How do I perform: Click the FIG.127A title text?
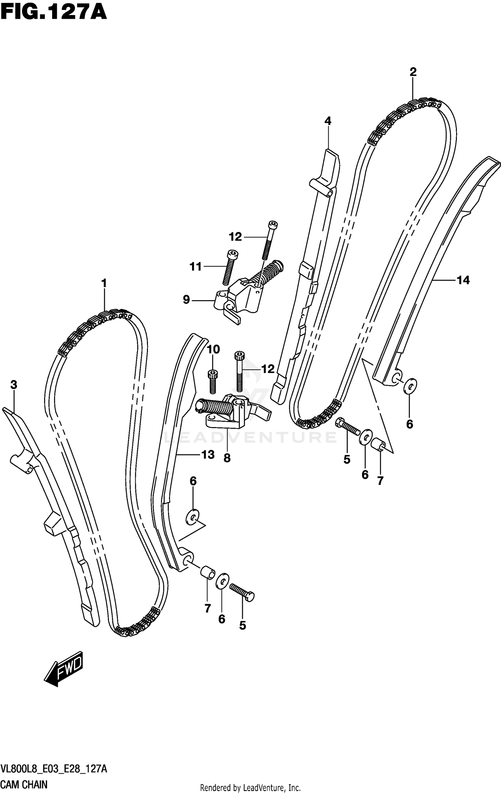[53, 12]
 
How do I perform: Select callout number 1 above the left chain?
[104, 283]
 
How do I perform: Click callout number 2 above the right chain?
[413, 72]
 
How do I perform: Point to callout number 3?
[13, 385]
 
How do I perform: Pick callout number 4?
[328, 121]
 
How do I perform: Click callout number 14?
[463, 280]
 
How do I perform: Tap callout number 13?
[208, 454]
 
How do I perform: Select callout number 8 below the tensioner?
[227, 458]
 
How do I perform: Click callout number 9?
[186, 299]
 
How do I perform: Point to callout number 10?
[213, 350]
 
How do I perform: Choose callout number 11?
[195, 266]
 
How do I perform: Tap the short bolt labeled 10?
[211, 381]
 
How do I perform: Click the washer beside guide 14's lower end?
[410, 386]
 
